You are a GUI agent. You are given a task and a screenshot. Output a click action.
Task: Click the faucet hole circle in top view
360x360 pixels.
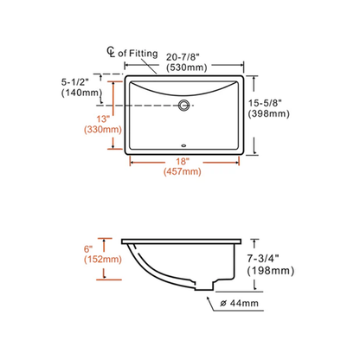(x=184, y=106)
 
